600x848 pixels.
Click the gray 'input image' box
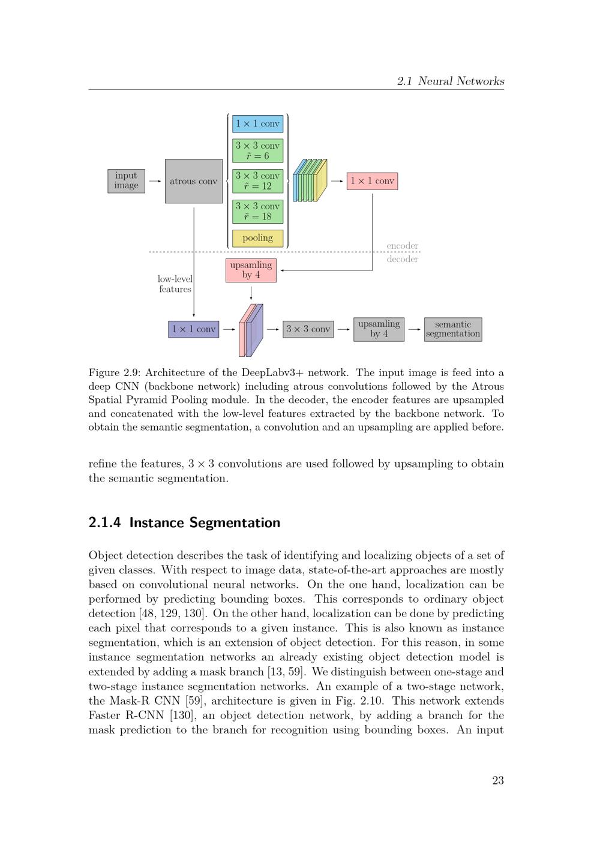coord(126,181)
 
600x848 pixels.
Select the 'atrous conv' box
coord(193,181)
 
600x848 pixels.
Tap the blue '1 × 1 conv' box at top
coord(257,124)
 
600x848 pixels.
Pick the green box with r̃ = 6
coord(257,151)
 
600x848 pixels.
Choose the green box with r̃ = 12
coord(257,181)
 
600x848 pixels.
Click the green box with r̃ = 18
coord(257,211)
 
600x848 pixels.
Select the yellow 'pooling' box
coord(257,238)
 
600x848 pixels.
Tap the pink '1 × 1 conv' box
coord(372,181)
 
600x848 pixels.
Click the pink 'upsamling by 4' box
coord(251,270)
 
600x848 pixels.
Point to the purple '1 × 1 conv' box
coord(193,329)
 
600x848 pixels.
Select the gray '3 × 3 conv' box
coord(308,329)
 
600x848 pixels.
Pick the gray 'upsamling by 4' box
coord(379,329)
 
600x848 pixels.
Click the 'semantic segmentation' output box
coord(453,329)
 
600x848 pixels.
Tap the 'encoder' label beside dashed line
coord(402,246)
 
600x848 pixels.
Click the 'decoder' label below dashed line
coord(402,259)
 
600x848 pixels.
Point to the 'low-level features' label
coord(175,284)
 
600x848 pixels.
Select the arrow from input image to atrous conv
coord(155,181)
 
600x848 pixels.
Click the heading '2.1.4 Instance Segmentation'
coord(184,522)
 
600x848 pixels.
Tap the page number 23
coord(498,780)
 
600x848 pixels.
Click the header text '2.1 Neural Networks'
coord(451,81)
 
